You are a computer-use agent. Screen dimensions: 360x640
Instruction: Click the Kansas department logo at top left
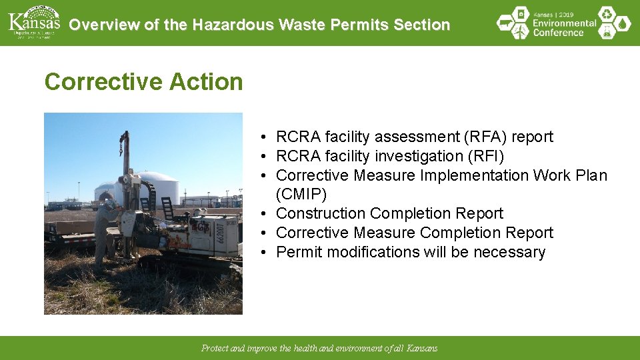click(33, 23)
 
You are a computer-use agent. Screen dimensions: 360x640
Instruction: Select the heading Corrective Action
click(143, 82)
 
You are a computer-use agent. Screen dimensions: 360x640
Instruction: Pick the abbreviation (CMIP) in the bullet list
click(301, 194)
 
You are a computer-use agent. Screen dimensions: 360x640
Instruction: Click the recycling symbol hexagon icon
click(606, 13)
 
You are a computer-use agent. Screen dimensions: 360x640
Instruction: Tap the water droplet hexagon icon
click(623, 23)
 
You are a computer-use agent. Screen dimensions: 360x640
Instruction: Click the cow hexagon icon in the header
click(505, 23)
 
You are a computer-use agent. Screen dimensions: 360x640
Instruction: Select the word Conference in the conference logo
click(559, 33)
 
